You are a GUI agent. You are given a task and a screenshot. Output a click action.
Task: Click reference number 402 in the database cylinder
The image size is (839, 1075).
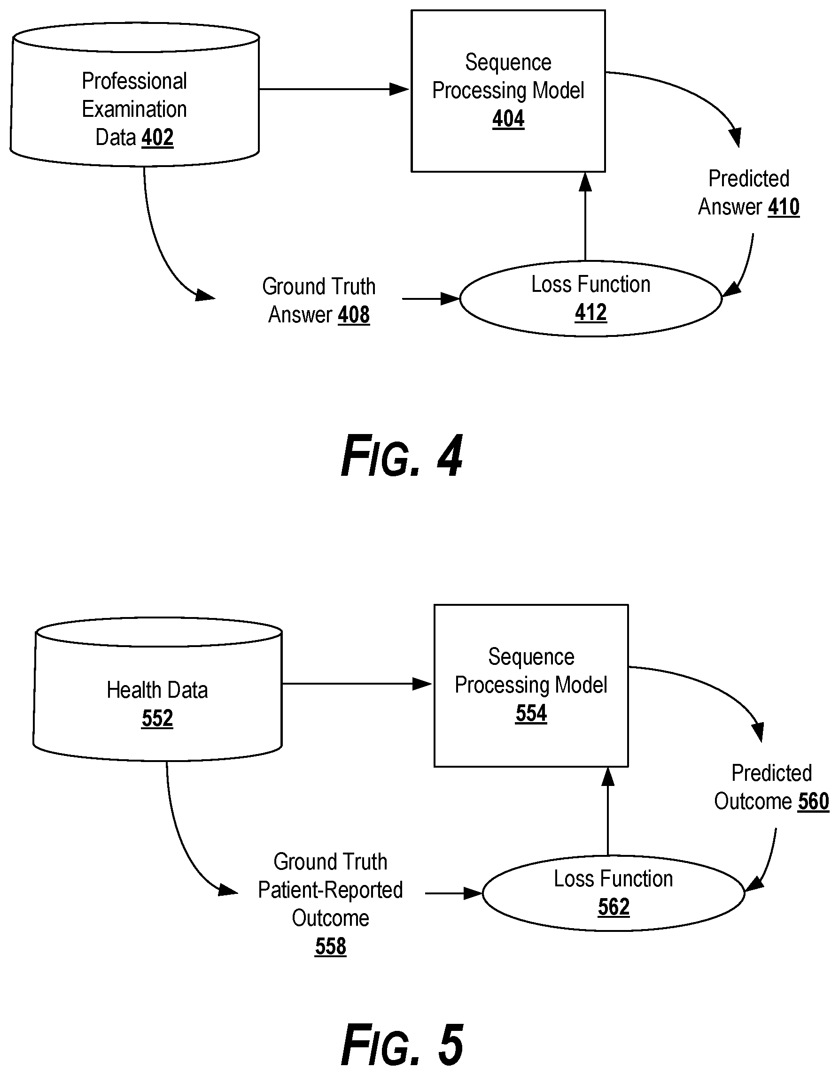[158, 137]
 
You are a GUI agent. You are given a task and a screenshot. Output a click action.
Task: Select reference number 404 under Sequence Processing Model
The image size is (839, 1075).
[508, 119]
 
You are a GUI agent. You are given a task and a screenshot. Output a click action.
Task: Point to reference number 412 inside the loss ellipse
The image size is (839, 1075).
[590, 313]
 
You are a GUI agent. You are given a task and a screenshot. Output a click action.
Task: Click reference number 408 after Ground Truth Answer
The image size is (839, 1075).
[354, 315]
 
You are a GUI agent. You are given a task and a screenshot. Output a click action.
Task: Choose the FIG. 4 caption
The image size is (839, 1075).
[402, 456]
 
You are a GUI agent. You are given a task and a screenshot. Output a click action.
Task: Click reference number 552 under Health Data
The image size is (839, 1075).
[157, 718]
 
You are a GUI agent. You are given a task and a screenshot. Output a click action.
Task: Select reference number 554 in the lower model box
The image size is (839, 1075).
[531, 713]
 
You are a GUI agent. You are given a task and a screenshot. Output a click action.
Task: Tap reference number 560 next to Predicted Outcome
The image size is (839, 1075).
[813, 801]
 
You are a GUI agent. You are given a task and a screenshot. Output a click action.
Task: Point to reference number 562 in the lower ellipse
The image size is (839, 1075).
[614, 907]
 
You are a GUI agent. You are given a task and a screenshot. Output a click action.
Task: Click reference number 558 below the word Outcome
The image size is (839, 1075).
[331, 946]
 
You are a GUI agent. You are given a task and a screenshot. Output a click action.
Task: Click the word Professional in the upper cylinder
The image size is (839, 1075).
[134, 81]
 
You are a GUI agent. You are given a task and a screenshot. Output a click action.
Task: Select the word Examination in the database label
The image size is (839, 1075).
[134, 109]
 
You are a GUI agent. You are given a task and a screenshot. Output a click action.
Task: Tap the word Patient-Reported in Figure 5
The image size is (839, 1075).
[331, 890]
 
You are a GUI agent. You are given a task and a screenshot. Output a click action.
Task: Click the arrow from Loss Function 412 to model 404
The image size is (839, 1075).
[585, 216]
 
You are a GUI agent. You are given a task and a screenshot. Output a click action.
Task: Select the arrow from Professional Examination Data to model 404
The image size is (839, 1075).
[334, 89]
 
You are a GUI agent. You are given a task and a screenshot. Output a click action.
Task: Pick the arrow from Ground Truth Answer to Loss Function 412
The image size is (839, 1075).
[431, 299]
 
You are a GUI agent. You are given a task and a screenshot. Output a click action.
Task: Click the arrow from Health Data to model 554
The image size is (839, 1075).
[357, 684]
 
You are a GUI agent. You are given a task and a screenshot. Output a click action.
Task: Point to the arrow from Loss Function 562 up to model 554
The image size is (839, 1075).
[608, 811]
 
